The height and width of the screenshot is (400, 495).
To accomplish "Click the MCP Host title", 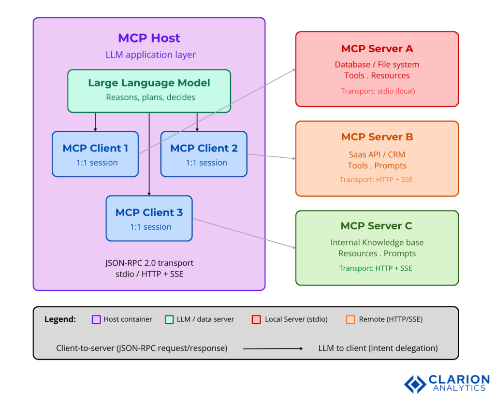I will pos(149,38).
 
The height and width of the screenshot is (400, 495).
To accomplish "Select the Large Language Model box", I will pos(149,91).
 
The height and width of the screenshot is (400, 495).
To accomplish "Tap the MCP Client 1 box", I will pos(95,154).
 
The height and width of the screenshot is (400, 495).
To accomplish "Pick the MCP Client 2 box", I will pos(204,154).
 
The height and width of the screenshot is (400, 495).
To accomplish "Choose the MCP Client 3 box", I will pos(149,218).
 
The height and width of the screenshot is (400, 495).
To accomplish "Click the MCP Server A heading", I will pos(377,49).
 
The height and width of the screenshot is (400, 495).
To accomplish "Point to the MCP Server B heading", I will pos(377,137).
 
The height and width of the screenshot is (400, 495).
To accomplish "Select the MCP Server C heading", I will pos(377,226).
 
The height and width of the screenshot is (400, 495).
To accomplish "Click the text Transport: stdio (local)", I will pos(378,91).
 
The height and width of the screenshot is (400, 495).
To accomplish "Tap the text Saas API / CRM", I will pos(377,155).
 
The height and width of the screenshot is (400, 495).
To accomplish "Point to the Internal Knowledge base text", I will pos(377,243).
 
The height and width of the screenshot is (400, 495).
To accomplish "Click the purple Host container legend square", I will pos(96,319).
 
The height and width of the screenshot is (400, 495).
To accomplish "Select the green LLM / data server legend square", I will pos(169,319).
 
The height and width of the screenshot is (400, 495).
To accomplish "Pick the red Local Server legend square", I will pos(256,319).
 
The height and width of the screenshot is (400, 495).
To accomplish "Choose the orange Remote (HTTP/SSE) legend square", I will pos(350,319).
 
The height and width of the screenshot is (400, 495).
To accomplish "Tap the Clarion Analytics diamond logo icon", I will pos(415,384).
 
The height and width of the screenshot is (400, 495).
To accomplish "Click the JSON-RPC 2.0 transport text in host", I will pos(149,263).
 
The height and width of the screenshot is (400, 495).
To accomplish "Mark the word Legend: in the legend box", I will pos(60,319).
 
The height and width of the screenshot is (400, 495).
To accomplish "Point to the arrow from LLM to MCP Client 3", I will pos(149,154).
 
